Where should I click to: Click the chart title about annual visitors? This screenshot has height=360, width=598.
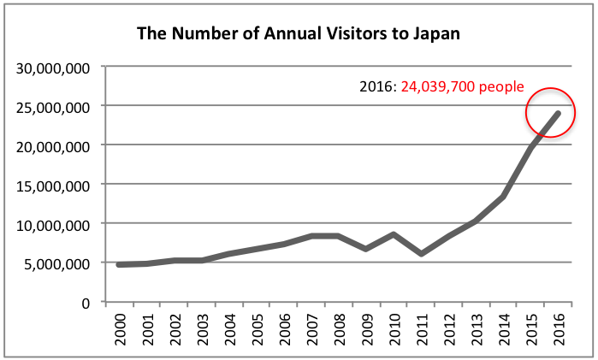299,35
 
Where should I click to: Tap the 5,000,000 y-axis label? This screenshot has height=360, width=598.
56,263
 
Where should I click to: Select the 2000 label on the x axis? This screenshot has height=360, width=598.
119,328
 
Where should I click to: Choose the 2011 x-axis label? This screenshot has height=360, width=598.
423,328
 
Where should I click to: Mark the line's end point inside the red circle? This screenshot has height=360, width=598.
560,113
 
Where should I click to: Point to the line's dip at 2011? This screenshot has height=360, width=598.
423,254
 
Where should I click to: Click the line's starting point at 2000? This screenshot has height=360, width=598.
119,265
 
